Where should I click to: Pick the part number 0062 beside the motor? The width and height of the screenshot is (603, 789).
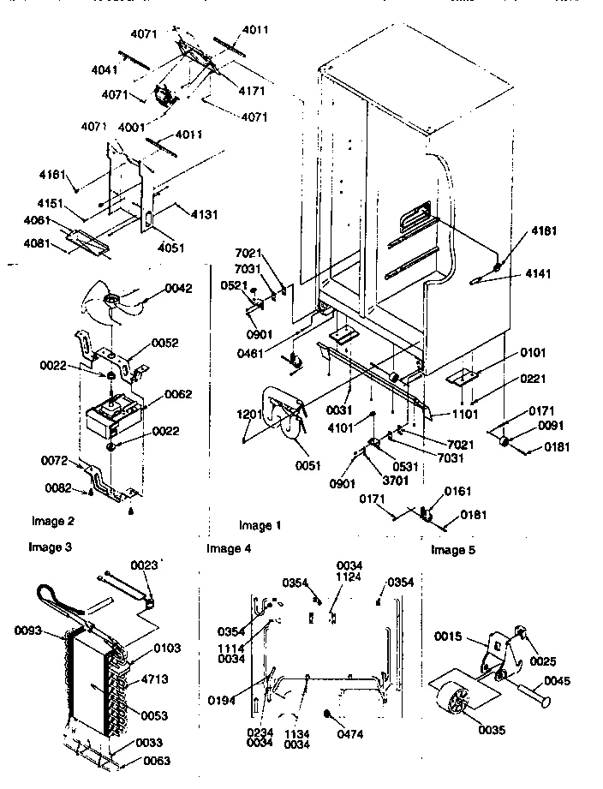click(x=177, y=394)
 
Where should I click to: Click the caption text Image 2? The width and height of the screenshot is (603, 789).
click(x=53, y=521)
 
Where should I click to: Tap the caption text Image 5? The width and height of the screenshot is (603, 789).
click(x=453, y=550)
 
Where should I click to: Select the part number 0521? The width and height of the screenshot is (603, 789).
click(x=234, y=285)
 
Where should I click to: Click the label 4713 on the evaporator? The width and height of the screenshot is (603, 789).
click(x=174, y=678)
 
